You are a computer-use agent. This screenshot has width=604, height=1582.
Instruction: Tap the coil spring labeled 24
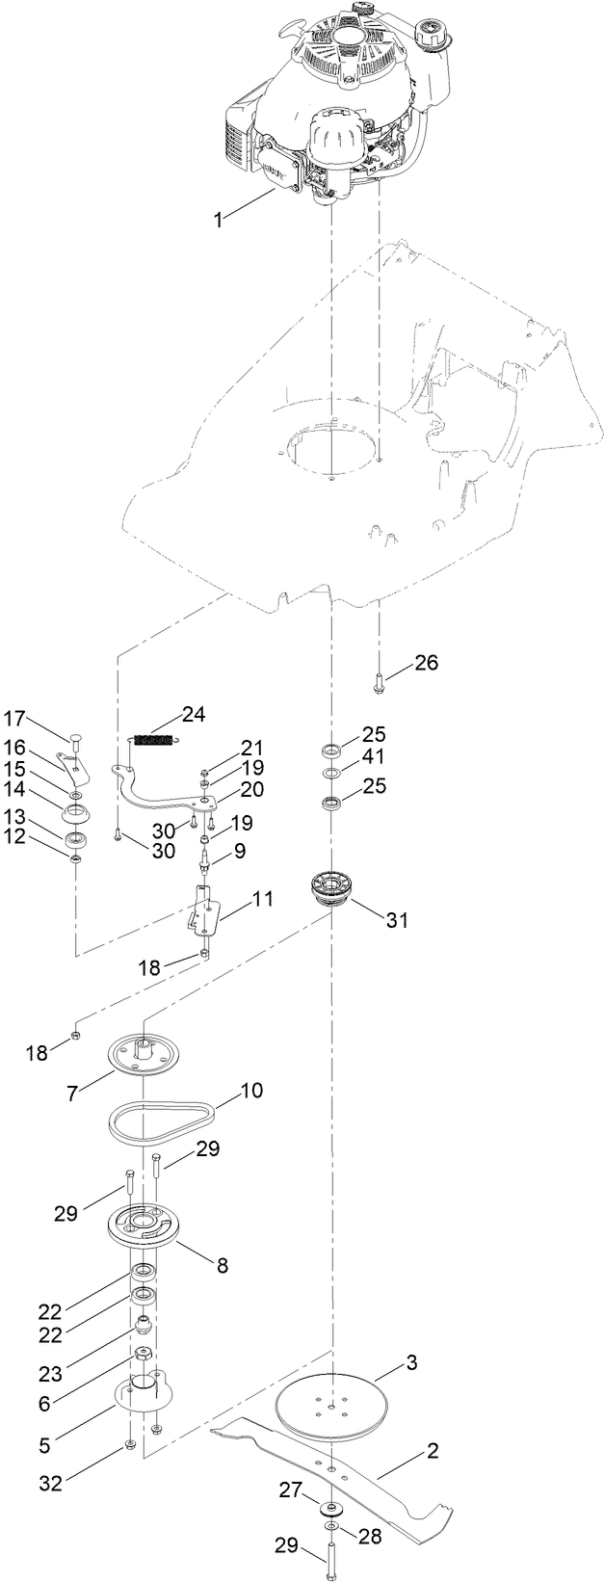(156, 740)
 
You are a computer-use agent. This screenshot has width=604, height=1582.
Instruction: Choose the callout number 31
(397, 920)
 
